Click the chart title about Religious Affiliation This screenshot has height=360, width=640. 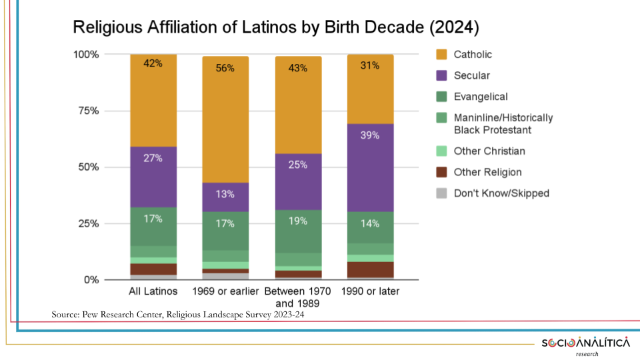tap(275, 27)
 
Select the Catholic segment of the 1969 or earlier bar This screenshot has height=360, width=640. tap(226, 120)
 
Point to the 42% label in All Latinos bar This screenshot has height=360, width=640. tap(153, 63)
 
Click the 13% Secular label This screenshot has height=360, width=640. tap(225, 194)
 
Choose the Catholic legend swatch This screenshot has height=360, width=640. tap(441, 55)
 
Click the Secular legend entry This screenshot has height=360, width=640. tap(472, 76)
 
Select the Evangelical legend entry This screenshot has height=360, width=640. tap(481, 97)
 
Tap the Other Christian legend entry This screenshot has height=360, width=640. tap(489, 151)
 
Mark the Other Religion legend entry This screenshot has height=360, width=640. tap(487, 172)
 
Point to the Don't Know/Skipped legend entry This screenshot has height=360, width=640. tap(501, 193)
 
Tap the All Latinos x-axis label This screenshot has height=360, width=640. tap(153, 291)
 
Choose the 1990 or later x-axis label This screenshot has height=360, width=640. tap(370, 291)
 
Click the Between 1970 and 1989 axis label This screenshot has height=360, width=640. tap(298, 297)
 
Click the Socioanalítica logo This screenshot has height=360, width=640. tap(585, 344)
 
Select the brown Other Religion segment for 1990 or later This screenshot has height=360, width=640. tap(371, 269)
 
